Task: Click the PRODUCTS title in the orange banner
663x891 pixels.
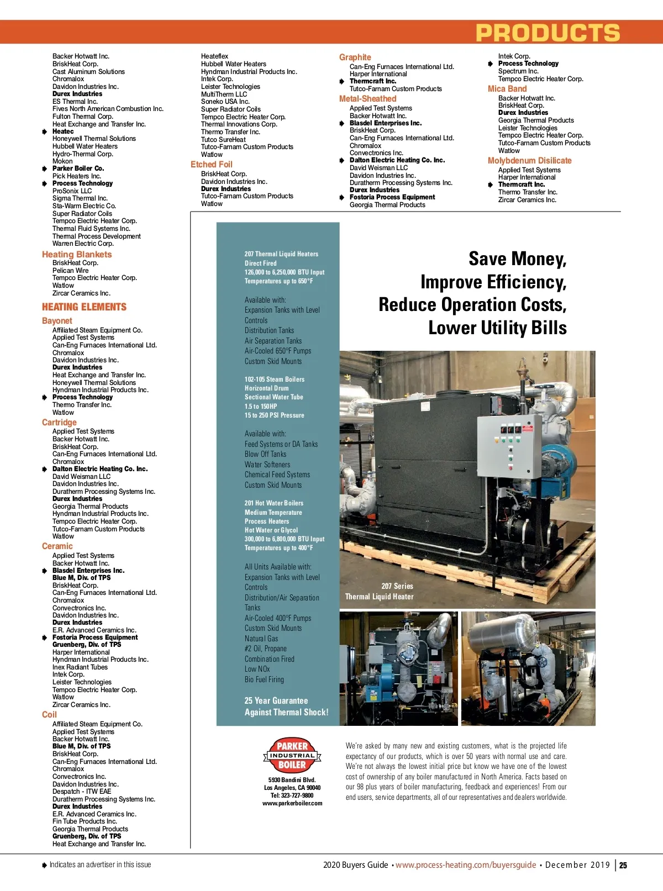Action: point(548,33)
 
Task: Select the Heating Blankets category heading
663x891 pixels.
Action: point(77,255)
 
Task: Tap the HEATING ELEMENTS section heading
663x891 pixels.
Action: point(84,307)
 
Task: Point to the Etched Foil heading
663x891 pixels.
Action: point(212,165)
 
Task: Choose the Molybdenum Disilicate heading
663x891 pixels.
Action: point(529,161)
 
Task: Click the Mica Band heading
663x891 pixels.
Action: point(507,89)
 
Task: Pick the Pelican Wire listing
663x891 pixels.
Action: point(70,271)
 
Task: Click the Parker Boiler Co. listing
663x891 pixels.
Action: point(78,168)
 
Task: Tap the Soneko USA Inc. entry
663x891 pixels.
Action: point(225,102)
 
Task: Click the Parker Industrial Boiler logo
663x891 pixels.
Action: point(292,755)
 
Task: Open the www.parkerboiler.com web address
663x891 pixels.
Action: point(292,803)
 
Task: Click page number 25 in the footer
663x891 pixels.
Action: point(623,866)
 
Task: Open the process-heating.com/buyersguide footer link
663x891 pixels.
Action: point(466,865)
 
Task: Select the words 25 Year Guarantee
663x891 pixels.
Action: point(276,700)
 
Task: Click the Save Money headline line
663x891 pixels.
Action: point(517,259)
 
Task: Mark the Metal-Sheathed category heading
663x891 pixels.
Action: point(367,99)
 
